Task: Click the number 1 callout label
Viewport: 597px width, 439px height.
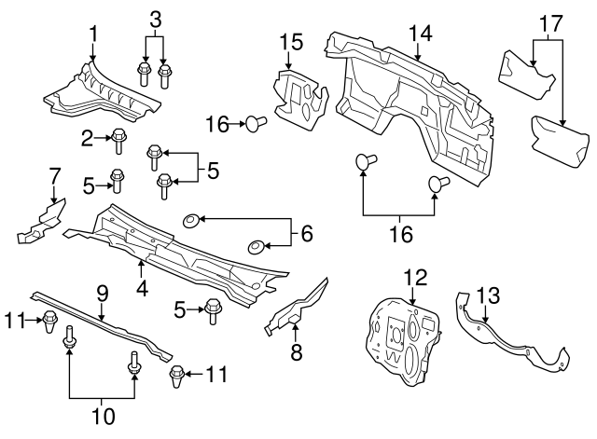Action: (92, 34)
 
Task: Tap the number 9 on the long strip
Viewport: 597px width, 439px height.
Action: (104, 292)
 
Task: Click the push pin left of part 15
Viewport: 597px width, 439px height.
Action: (255, 122)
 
